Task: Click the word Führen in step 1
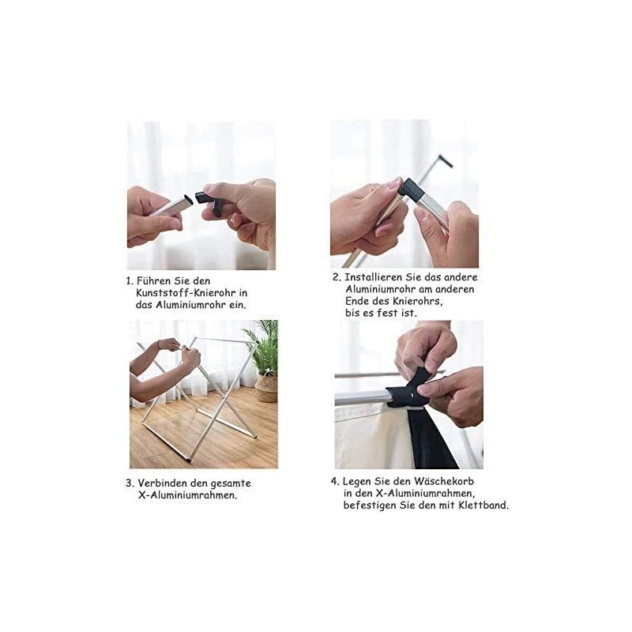[153, 280]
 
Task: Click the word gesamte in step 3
[231, 483]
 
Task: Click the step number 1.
[129, 281]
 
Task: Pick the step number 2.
[337, 277]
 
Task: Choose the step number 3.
[130, 483]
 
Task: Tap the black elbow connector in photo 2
[412, 190]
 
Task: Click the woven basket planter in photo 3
[266, 388]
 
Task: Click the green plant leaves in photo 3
[263, 346]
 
